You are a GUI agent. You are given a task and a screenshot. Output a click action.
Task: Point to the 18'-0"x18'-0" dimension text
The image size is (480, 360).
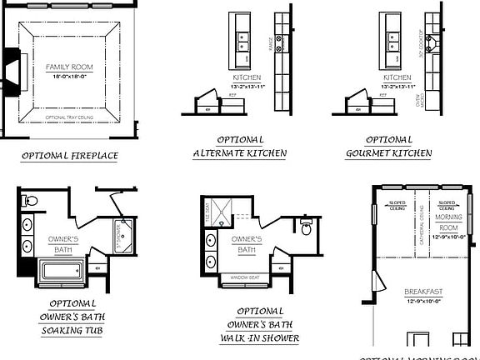click(68, 74)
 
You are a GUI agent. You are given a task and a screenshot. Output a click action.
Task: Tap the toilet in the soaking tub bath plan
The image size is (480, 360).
click(28, 201)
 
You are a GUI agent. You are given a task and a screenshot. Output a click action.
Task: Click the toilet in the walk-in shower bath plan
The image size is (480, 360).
click(306, 227)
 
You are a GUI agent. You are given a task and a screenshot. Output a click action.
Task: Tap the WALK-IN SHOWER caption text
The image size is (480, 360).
click(260, 338)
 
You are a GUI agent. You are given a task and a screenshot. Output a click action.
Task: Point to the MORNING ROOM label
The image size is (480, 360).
click(448, 222)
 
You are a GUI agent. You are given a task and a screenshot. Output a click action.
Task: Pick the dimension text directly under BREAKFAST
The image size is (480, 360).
click(425, 300)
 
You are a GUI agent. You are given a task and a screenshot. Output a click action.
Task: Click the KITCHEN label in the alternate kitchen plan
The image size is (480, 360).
click(246, 78)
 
